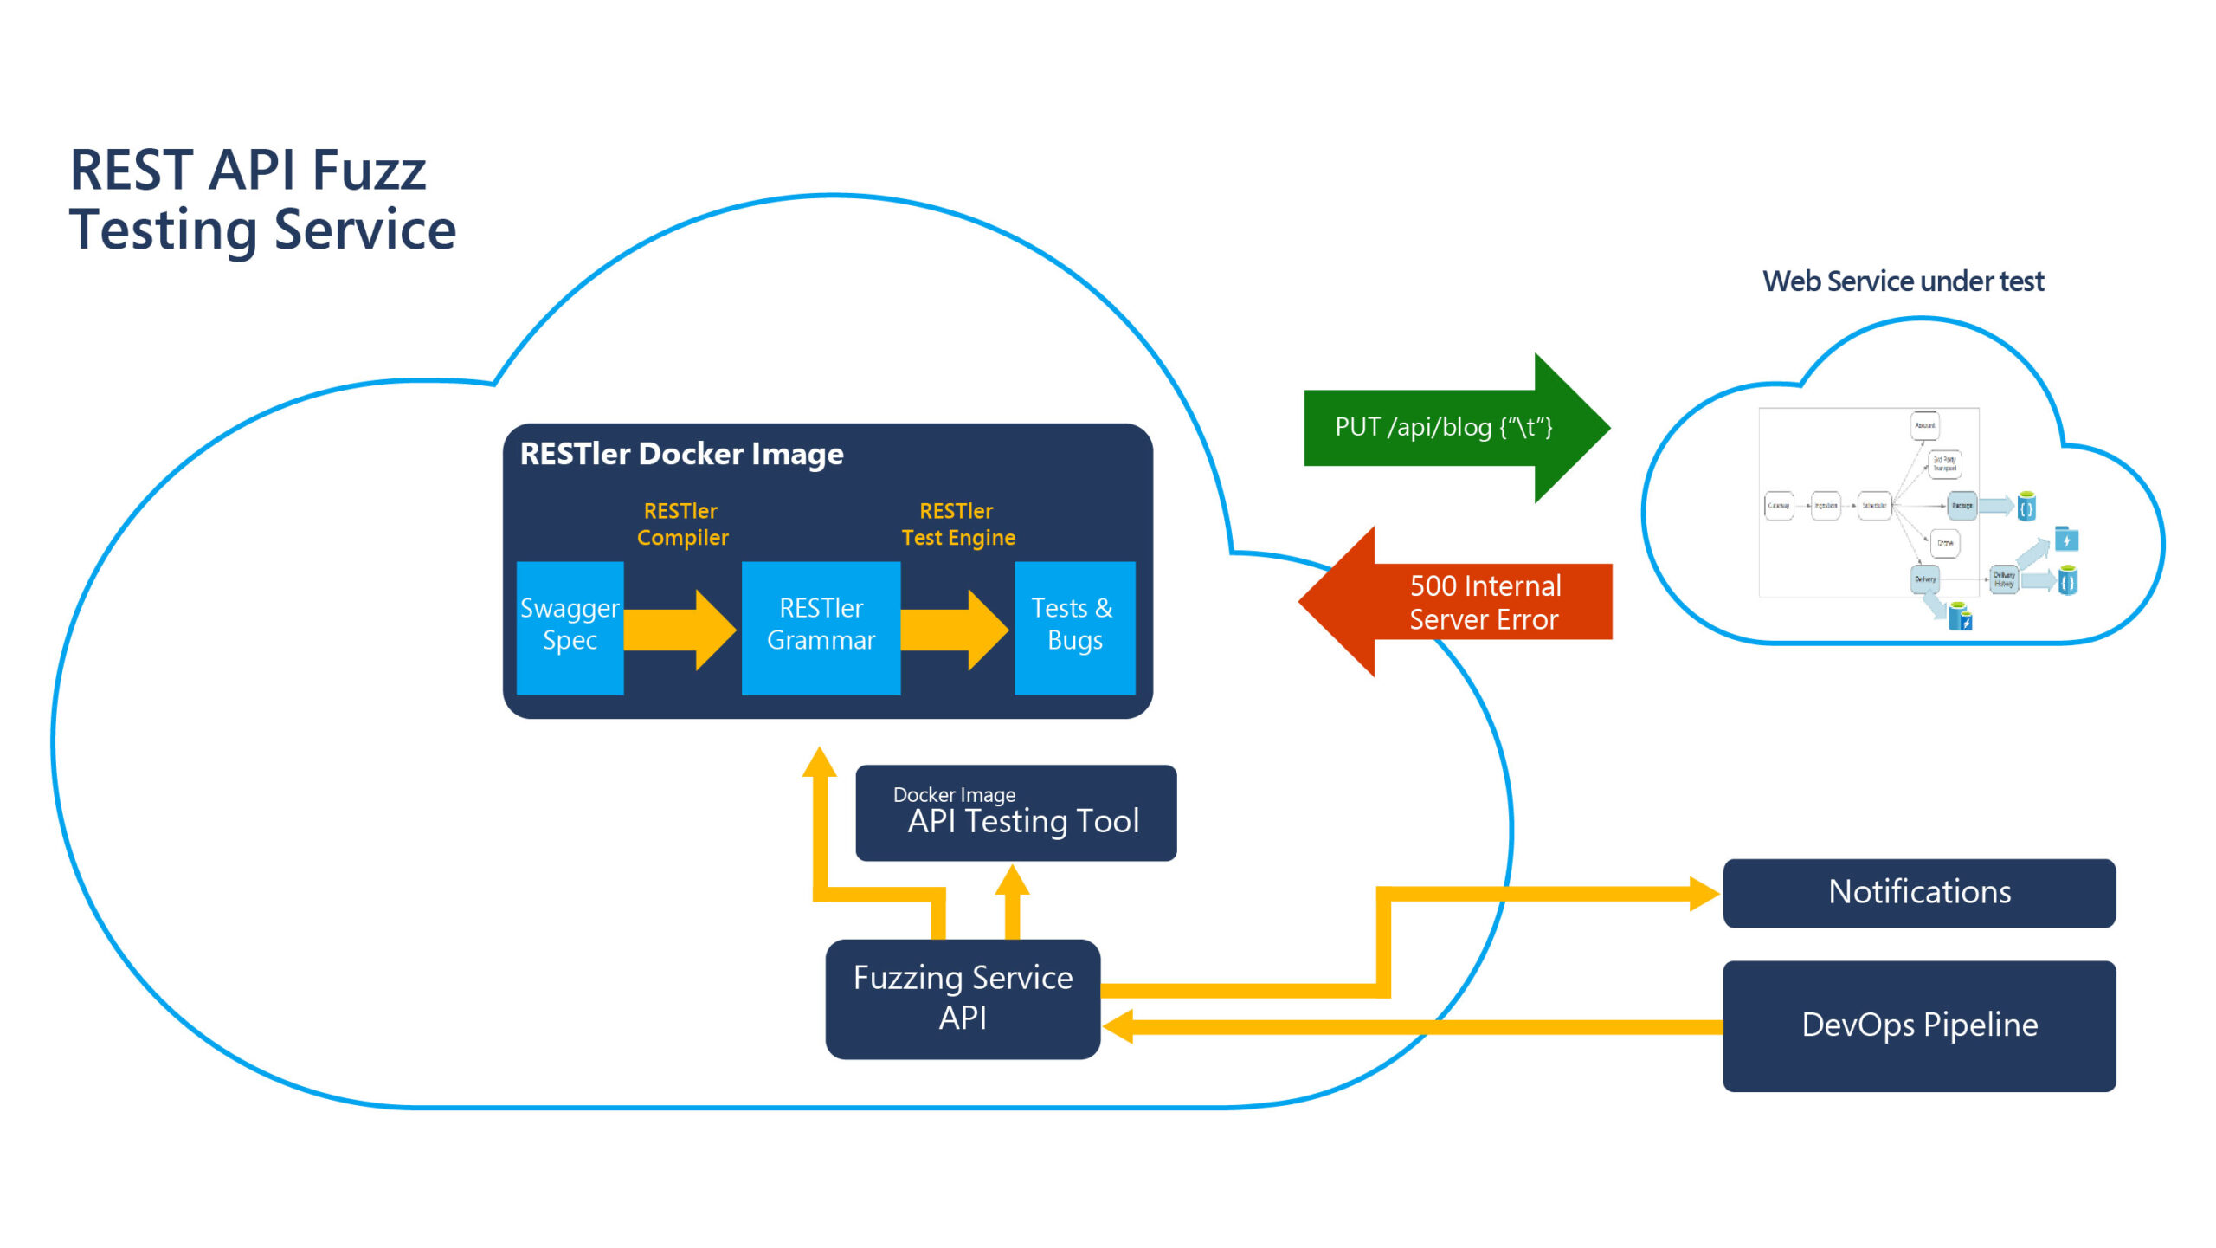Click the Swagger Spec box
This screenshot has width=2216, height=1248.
pos(570,627)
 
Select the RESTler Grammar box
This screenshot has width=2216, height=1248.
pos(821,627)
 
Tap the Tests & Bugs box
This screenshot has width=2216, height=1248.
pos(1074,627)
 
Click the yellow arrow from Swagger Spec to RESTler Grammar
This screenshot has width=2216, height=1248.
pos(680,630)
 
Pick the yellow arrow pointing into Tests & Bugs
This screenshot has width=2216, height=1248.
pos(955,630)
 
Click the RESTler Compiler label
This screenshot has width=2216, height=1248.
pos(682,524)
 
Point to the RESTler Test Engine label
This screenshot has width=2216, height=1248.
pos(957,524)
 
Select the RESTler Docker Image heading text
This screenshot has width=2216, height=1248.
pos(681,454)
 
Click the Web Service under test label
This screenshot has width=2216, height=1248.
pos(1903,281)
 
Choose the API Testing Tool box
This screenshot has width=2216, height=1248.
pos(1015,812)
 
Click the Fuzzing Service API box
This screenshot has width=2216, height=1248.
pos(963,998)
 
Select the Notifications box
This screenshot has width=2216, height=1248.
pos(1918,892)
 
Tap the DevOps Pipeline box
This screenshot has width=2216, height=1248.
pos(1918,1025)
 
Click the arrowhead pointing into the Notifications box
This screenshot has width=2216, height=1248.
pos(1704,893)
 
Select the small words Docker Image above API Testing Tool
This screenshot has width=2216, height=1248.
pos(954,794)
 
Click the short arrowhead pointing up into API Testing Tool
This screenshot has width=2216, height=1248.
pos(1012,882)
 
